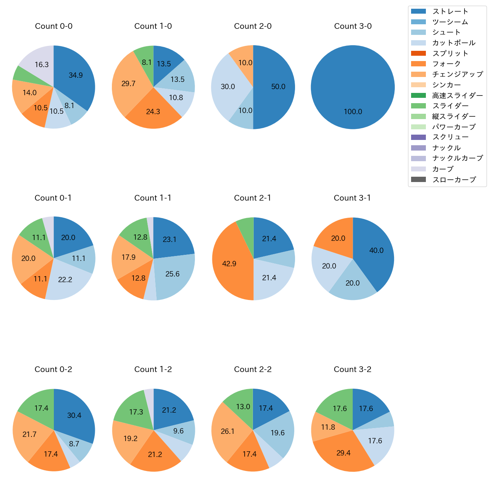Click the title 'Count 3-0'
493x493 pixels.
(x=353, y=26)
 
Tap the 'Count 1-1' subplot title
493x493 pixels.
(x=153, y=198)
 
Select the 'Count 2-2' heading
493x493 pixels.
(x=253, y=369)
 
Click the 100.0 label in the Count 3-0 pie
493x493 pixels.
(x=353, y=112)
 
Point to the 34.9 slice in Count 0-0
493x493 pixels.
(x=76, y=75)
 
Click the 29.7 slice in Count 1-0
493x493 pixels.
(x=129, y=84)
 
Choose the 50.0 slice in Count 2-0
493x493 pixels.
(x=278, y=87)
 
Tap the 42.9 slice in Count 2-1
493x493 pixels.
(x=229, y=264)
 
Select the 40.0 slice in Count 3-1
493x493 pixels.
(x=376, y=251)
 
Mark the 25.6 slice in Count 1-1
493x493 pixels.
(x=173, y=274)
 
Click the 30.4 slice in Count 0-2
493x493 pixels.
(x=74, y=416)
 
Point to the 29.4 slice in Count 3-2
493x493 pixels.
(x=344, y=453)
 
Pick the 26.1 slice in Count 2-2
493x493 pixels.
(x=228, y=432)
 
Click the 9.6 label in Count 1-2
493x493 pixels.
(x=178, y=431)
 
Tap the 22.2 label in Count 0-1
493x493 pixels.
(x=65, y=280)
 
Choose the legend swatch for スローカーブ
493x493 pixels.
(x=418, y=180)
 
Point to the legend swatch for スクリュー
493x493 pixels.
(x=418, y=137)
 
